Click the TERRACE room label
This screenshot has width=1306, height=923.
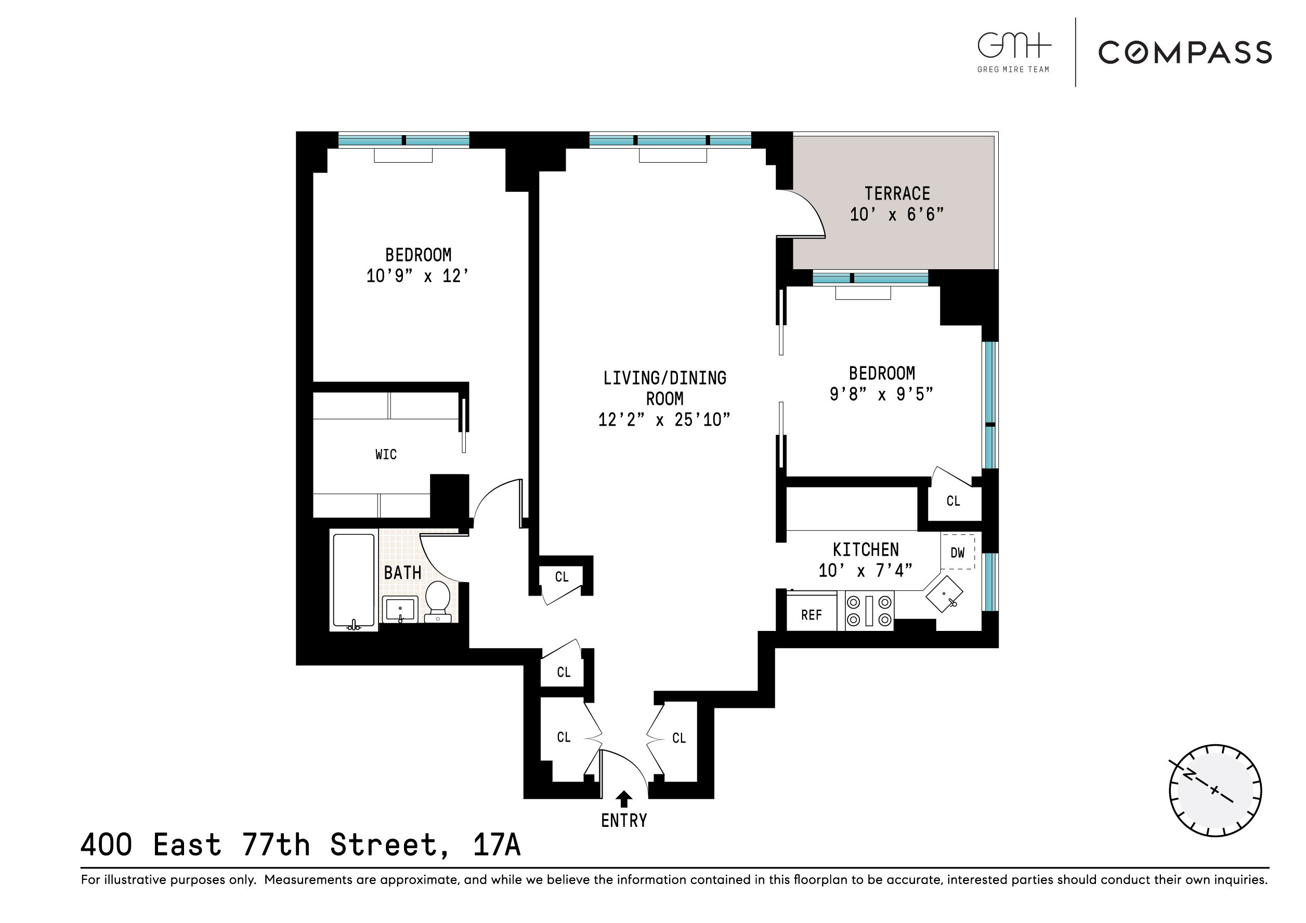[897, 194]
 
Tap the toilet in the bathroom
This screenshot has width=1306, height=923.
[437, 601]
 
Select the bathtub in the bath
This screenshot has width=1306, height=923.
[353, 580]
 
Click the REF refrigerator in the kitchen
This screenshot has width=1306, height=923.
[811, 615]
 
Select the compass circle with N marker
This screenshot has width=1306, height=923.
[1215, 790]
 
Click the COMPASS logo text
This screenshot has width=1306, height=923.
[1185, 53]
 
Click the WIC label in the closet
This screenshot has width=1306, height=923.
[386, 454]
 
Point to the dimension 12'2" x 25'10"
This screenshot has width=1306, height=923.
[664, 420]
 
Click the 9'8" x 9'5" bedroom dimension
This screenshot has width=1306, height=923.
[881, 394]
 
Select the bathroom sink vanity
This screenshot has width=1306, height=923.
[400, 610]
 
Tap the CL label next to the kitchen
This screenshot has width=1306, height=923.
[953, 501]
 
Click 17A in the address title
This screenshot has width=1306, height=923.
[497, 845]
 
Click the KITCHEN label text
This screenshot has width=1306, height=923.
[866, 550]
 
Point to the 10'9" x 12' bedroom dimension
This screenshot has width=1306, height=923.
[417, 276]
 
